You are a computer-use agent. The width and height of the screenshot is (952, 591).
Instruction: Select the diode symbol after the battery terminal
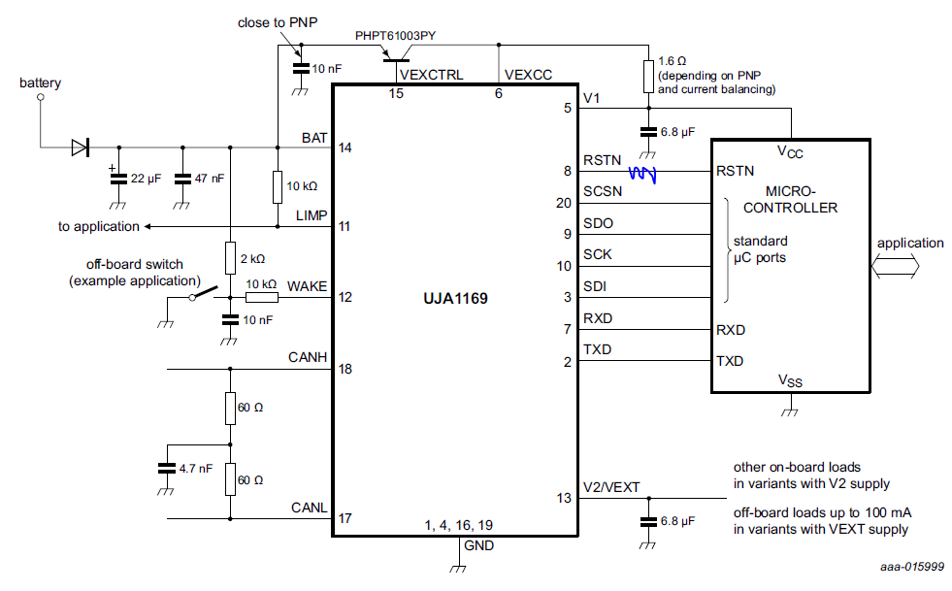[80, 148]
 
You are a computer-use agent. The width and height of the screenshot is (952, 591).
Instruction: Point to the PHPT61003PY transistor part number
[395, 36]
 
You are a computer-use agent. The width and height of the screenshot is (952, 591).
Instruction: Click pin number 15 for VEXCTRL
[396, 93]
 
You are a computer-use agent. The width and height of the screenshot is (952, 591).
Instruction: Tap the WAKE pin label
[308, 286]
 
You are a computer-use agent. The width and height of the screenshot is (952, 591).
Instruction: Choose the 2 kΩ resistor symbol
[230, 257]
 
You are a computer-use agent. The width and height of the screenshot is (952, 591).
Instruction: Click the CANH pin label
[308, 358]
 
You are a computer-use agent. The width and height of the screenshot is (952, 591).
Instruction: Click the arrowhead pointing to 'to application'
[148, 227]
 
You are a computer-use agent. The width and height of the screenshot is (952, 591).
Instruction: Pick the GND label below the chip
[479, 545]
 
